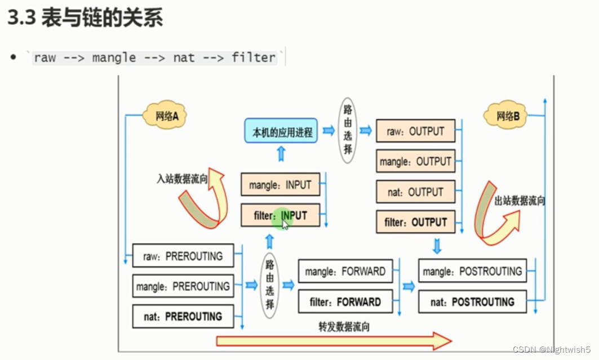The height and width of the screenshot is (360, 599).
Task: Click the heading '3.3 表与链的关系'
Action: click(85, 18)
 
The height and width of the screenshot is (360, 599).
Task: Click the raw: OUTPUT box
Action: click(415, 131)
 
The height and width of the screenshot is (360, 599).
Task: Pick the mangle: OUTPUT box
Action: click(415, 162)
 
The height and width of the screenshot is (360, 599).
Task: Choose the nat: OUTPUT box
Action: click(415, 192)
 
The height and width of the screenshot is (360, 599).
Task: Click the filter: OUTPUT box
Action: click(415, 222)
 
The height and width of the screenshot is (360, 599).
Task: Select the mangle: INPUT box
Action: click(280, 185)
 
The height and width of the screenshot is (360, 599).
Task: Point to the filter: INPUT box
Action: click(280, 215)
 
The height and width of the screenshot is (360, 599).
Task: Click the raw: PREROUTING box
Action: click(183, 256)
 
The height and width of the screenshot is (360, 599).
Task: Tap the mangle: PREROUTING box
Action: click(183, 286)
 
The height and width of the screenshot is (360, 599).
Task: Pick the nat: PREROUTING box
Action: click(183, 316)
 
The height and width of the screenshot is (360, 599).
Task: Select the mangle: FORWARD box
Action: click(345, 271)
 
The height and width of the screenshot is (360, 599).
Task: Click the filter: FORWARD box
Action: click(345, 301)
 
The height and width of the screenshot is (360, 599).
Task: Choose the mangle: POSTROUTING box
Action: click(472, 271)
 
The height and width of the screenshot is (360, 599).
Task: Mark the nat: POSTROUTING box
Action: click(472, 301)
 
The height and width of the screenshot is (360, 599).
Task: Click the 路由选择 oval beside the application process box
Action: click(348, 131)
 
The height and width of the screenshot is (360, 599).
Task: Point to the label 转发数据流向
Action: click(344, 327)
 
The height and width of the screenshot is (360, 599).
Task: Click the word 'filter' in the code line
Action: click(253, 57)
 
